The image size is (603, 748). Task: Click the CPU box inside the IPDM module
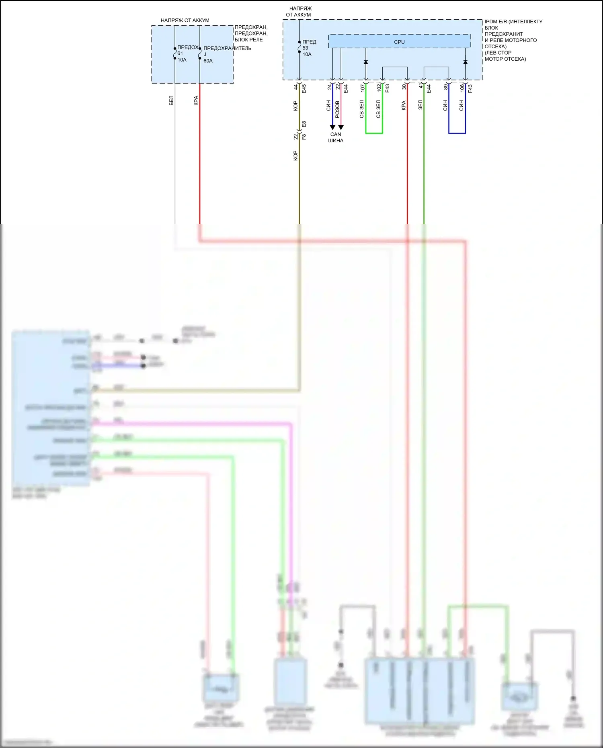pyautogui.click(x=399, y=41)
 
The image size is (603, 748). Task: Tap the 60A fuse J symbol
pyautogui.click(x=200, y=53)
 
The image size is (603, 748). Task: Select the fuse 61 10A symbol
pyautogui.click(x=175, y=53)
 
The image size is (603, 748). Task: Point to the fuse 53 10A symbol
pyautogui.click(x=299, y=47)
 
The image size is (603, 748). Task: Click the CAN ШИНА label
pyautogui.click(x=336, y=137)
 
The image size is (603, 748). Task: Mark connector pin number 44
pyautogui.click(x=295, y=87)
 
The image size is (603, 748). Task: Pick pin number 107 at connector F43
pyautogui.click(x=362, y=87)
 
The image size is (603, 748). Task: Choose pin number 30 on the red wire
pyautogui.click(x=404, y=87)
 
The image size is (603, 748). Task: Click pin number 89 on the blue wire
pyautogui.click(x=445, y=87)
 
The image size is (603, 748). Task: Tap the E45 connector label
pyautogui.click(x=304, y=88)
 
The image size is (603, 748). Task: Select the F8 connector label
pyautogui.click(x=304, y=137)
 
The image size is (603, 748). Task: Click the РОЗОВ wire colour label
pyautogui.click(x=337, y=109)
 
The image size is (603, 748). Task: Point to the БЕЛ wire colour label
pyautogui.click(x=171, y=100)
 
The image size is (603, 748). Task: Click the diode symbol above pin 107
pyautogui.click(x=366, y=62)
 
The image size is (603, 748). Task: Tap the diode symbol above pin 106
pyautogui.click(x=465, y=62)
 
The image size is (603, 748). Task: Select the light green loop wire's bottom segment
pyautogui.click(x=374, y=133)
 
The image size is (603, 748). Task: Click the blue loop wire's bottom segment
pyautogui.click(x=457, y=133)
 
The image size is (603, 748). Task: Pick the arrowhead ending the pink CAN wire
pyautogui.click(x=341, y=127)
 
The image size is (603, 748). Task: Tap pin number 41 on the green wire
pyautogui.click(x=420, y=86)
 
